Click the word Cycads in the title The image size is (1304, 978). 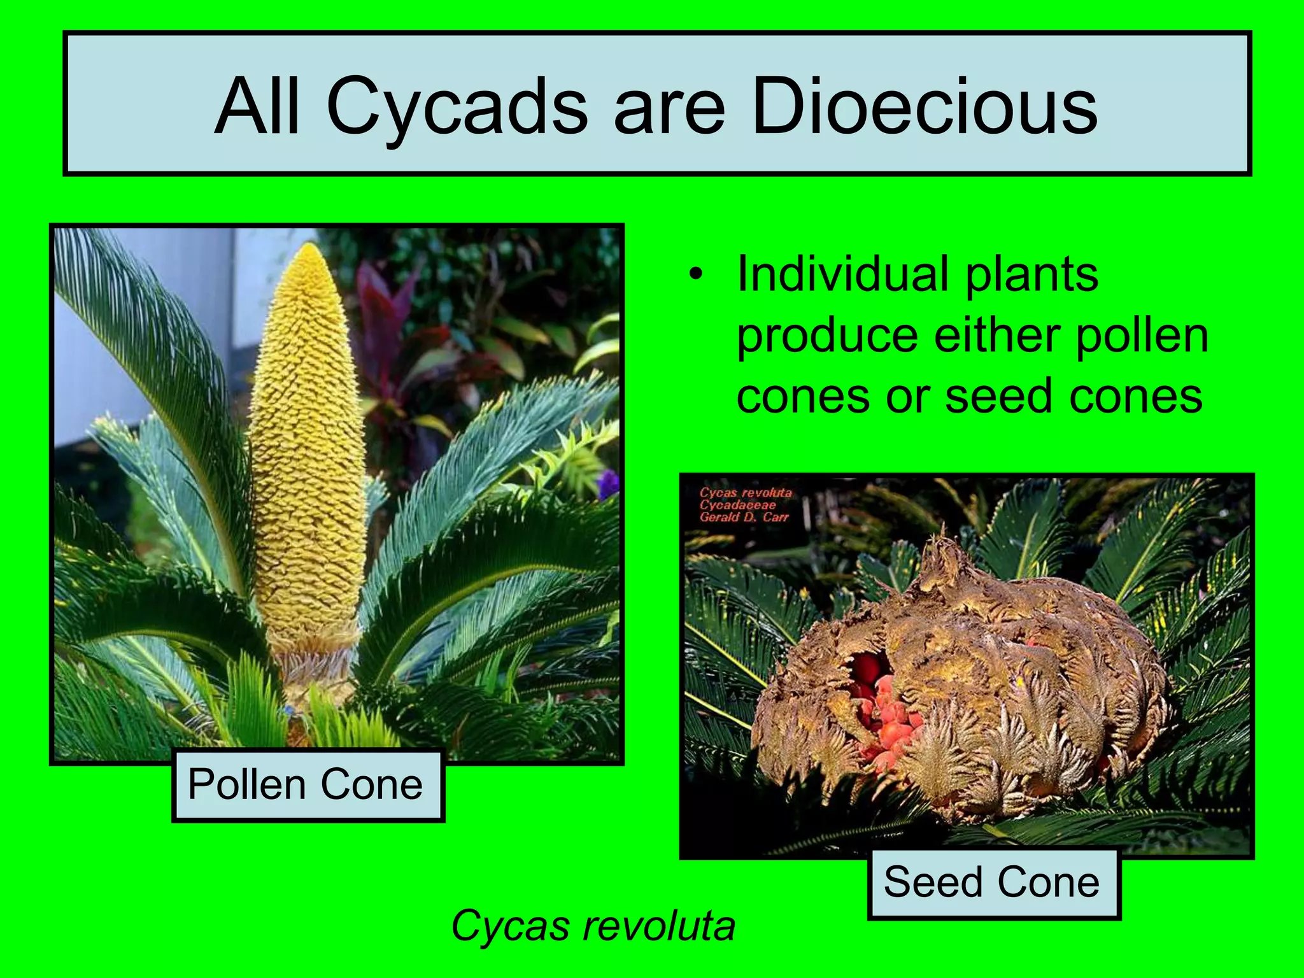457,107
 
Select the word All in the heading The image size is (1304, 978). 257,107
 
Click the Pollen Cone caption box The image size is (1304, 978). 308,785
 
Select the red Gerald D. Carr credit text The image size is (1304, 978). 744,518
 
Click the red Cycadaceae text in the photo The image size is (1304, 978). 737,505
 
